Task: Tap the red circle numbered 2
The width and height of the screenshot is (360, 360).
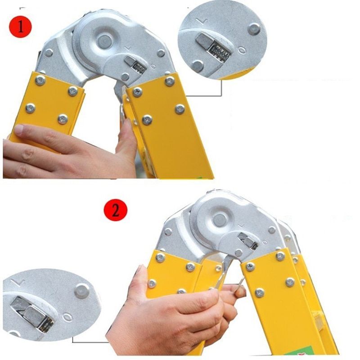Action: point(115,210)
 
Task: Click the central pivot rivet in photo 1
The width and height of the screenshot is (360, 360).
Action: point(105,41)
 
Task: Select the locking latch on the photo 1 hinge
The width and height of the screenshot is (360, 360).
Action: point(135,65)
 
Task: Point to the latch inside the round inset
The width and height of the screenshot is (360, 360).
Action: point(213,48)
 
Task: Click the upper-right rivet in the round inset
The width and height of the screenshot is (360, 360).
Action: point(254,28)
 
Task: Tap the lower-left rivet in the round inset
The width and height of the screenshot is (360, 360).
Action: point(198,67)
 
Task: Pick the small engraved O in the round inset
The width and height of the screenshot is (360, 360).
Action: point(243,49)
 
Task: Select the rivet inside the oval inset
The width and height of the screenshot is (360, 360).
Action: point(81,291)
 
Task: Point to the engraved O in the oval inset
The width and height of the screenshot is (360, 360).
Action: point(67,318)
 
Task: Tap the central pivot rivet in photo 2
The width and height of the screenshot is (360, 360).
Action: point(220,220)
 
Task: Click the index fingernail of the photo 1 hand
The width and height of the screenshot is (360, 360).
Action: point(18,130)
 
